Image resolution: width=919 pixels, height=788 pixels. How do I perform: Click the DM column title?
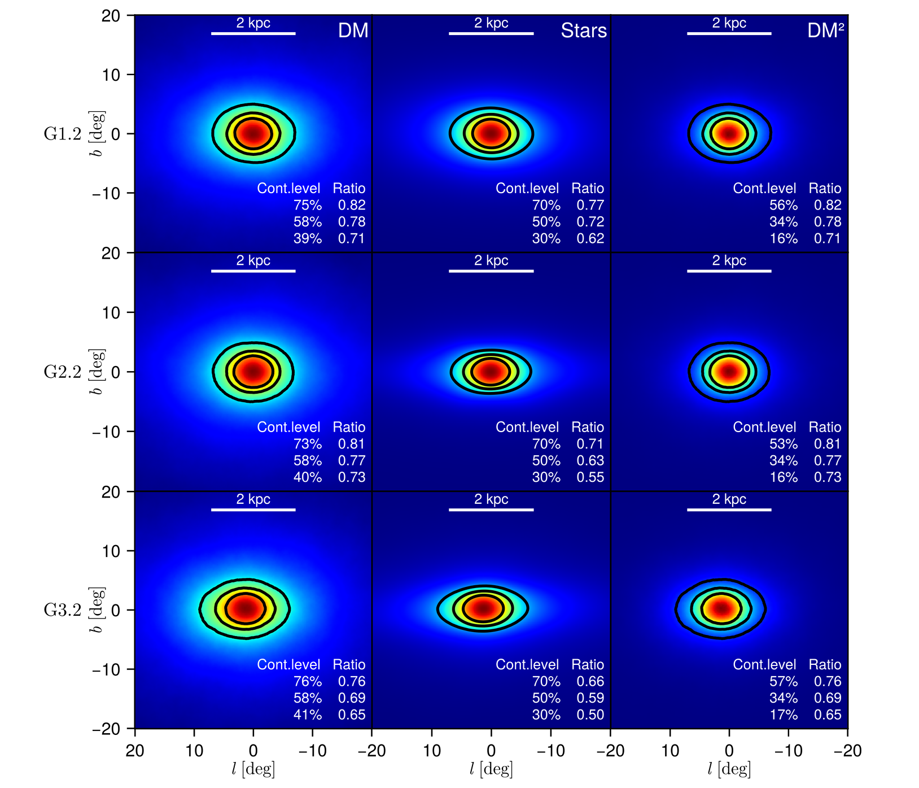pyautogui.click(x=353, y=31)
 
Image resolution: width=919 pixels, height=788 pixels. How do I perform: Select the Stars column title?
pyautogui.click(x=583, y=31)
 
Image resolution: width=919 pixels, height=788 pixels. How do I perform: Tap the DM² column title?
pyautogui.click(x=825, y=31)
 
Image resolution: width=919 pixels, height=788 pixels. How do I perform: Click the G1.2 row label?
pyautogui.click(x=63, y=134)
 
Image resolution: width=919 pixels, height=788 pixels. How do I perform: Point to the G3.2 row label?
pyautogui.click(x=63, y=611)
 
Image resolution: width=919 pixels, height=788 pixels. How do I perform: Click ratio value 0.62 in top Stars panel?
pyautogui.click(x=590, y=238)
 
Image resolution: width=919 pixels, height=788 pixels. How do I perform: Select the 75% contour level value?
pyautogui.click(x=308, y=205)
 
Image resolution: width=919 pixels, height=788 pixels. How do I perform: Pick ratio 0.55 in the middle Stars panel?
pyautogui.click(x=590, y=477)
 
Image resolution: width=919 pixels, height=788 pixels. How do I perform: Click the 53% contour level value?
pyautogui.click(x=784, y=444)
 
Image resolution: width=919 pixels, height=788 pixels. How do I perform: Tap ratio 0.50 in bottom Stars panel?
pyautogui.click(x=590, y=715)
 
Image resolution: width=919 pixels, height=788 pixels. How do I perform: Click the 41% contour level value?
pyautogui.click(x=308, y=715)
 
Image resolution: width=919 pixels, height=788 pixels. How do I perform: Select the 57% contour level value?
pyautogui.click(x=784, y=682)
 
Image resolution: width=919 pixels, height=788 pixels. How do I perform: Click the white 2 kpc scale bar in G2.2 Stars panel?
pyautogui.click(x=491, y=271)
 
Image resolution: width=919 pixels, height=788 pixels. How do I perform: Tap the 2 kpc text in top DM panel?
pyautogui.click(x=253, y=23)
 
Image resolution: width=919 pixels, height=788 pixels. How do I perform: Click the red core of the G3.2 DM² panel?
pyautogui.click(x=721, y=609)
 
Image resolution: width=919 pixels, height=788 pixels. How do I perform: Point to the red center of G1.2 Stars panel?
pyautogui.click(x=491, y=133)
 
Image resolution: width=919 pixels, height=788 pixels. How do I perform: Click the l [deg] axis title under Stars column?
pyautogui.click(x=491, y=769)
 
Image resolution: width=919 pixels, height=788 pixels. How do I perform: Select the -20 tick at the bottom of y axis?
pyautogui.click(x=107, y=729)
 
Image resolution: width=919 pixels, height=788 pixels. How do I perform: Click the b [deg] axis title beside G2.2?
pyautogui.click(x=97, y=372)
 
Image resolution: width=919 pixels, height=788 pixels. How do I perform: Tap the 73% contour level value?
pyautogui.click(x=308, y=444)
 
